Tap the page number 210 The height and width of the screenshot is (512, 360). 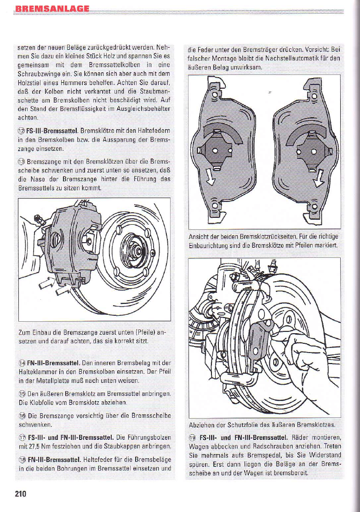[x=21, y=494]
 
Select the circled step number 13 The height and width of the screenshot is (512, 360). [x=21, y=161]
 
